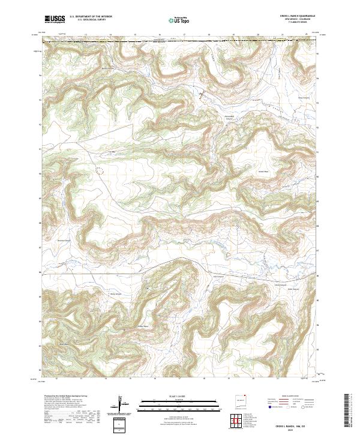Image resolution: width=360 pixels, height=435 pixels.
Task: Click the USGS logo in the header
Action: [x=55, y=19]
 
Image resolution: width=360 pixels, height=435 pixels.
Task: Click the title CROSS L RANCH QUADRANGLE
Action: [x=295, y=15]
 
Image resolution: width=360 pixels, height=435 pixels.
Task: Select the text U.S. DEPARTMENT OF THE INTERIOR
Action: [x=91, y=16]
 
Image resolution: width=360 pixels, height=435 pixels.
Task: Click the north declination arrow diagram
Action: [x=122, y=404]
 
